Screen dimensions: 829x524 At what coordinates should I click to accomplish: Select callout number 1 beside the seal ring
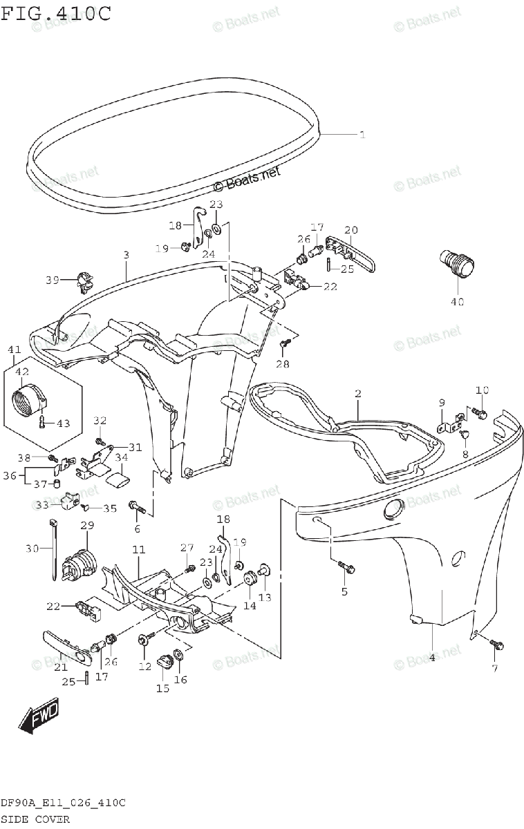(x=362, y=135)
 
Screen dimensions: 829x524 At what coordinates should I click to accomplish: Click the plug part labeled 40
(x=457, y=265)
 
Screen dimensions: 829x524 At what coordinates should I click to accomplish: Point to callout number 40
(x=458, y=301)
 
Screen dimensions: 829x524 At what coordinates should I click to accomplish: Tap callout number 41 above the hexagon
(x=15, y=350)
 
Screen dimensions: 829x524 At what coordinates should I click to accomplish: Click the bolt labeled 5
(x=346, y=568)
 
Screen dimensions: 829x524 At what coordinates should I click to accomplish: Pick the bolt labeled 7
(x=496, y=645)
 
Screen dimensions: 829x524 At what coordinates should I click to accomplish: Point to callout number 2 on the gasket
(x=358, y=394)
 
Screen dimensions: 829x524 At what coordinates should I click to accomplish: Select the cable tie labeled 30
(x=54, y=550)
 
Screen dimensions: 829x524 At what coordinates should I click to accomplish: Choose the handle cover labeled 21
(x=66, y=641)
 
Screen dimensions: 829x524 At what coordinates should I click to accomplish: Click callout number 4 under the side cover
(x=432, y=658)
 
